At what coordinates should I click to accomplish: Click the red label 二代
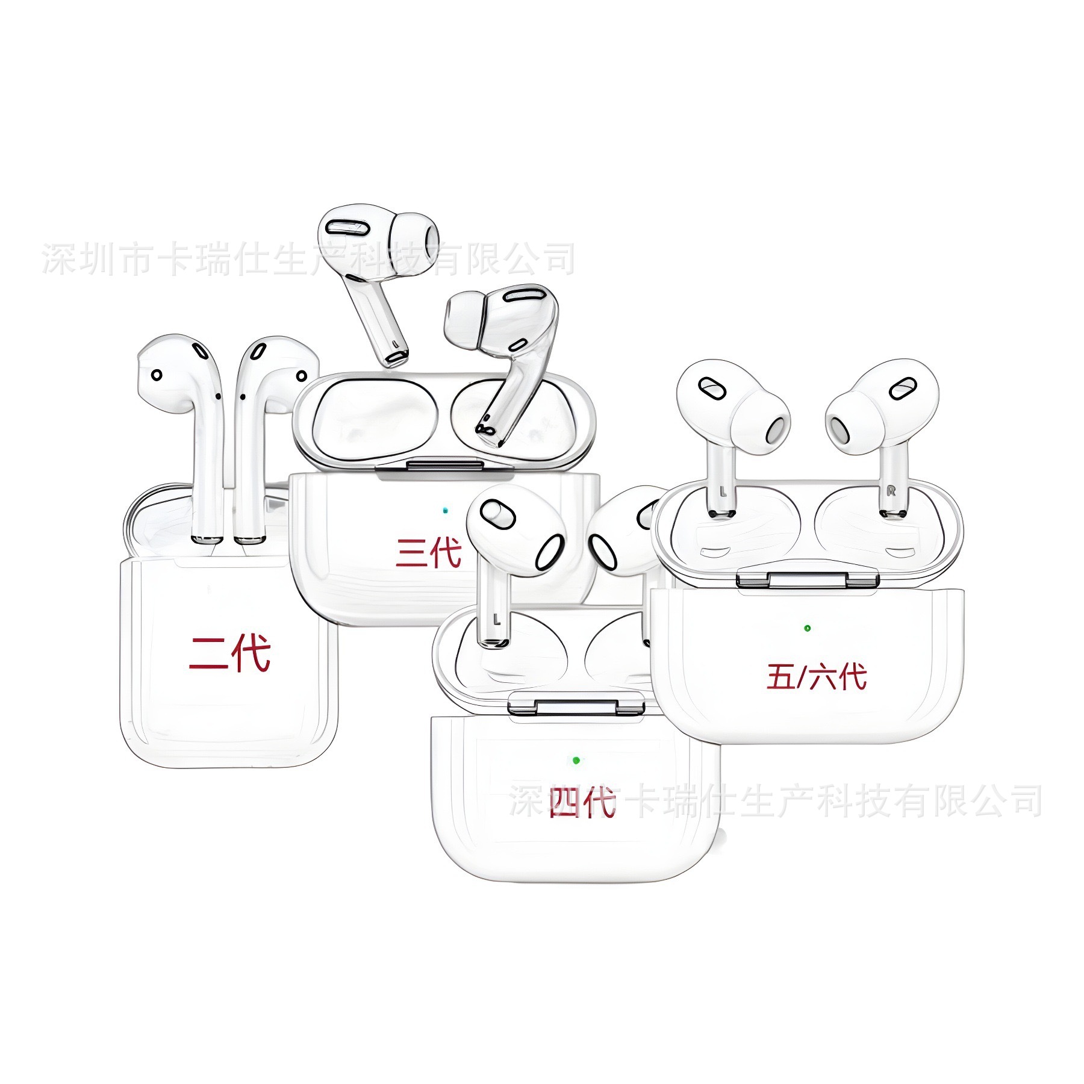point(229,653)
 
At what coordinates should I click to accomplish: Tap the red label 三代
point(428,552)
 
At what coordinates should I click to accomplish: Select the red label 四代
point(582,802)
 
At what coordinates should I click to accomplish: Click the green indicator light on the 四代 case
point(576,760)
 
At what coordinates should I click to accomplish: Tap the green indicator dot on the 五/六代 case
point(807,628)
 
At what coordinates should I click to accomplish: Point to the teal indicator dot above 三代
point(445,509)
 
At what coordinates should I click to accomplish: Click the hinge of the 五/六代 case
point(808,580)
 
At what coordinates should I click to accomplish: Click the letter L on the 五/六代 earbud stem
point(723,491)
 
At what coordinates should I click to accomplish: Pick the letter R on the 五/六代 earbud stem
point(891,491)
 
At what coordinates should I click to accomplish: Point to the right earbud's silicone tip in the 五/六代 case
point(849,425)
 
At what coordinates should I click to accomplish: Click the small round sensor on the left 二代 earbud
point(156,375)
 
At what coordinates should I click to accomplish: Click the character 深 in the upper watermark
point(59,259)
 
